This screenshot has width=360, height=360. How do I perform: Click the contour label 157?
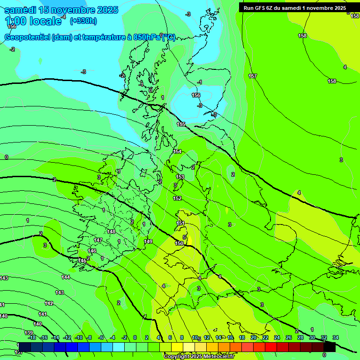[253, 76]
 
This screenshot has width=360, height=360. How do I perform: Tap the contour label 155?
[181, 124]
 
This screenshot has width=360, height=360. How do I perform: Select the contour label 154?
[177, 151]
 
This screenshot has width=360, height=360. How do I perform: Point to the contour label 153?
[180, 177]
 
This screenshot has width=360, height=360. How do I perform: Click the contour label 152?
[177, 198]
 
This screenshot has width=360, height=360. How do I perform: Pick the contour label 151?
[180, 223]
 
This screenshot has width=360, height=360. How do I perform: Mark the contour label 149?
[148, 241]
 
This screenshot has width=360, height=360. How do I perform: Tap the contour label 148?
[111, 232]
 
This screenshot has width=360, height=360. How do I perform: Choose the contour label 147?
[98, 240]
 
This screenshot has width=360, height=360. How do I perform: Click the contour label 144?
[66, 277]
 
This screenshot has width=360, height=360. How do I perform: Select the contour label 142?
[49, 303]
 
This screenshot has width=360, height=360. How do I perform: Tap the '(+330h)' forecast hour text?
[83, 21]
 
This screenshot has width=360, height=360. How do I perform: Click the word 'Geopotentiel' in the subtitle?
[27, 37]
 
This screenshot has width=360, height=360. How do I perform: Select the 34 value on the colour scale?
[335, 337]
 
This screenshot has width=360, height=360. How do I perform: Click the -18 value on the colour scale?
[32, 337]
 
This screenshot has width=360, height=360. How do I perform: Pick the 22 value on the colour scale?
[265, 337]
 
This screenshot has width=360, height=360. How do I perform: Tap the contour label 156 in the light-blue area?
[196, 95]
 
